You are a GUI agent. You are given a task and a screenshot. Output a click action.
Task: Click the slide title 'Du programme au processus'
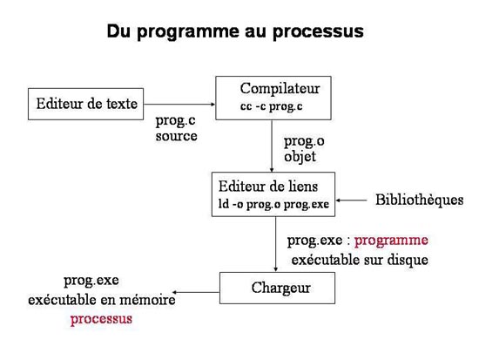(x=235, y=31)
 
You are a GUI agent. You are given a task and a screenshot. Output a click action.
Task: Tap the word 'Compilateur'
(x=280, y=89)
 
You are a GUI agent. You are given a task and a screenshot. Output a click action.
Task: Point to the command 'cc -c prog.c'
(x=271, y=106)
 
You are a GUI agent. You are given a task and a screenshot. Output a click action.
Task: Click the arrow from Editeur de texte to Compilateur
(x=179, y=104)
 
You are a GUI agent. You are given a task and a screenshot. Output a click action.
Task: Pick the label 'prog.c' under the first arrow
(x=175, y=121)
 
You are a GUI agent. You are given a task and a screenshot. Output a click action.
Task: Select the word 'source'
(x=176, y=136)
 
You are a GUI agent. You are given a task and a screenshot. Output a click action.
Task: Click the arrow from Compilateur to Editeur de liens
(x=272, y=146)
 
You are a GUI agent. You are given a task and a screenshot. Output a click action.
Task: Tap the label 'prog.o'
(x=304, y=142)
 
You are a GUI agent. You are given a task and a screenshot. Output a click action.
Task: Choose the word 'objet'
(x=300, y=157)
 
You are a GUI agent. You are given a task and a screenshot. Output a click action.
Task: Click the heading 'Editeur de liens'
(x=268, y=187)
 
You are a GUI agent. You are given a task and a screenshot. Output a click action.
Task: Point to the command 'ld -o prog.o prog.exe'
(x=273, y=204)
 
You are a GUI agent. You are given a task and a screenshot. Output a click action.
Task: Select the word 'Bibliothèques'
(x=420, y=200)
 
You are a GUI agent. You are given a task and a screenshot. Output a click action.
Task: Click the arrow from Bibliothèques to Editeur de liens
(x=351, y=200)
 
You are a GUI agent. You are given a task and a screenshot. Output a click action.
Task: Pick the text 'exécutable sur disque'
(x=360, y=261)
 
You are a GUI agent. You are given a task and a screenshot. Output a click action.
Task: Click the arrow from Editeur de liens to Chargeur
(x=275, y=244)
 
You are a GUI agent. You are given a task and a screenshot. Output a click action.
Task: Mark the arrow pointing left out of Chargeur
(x=196, y=292)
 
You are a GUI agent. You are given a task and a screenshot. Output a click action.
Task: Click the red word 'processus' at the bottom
(x=101, y=320)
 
